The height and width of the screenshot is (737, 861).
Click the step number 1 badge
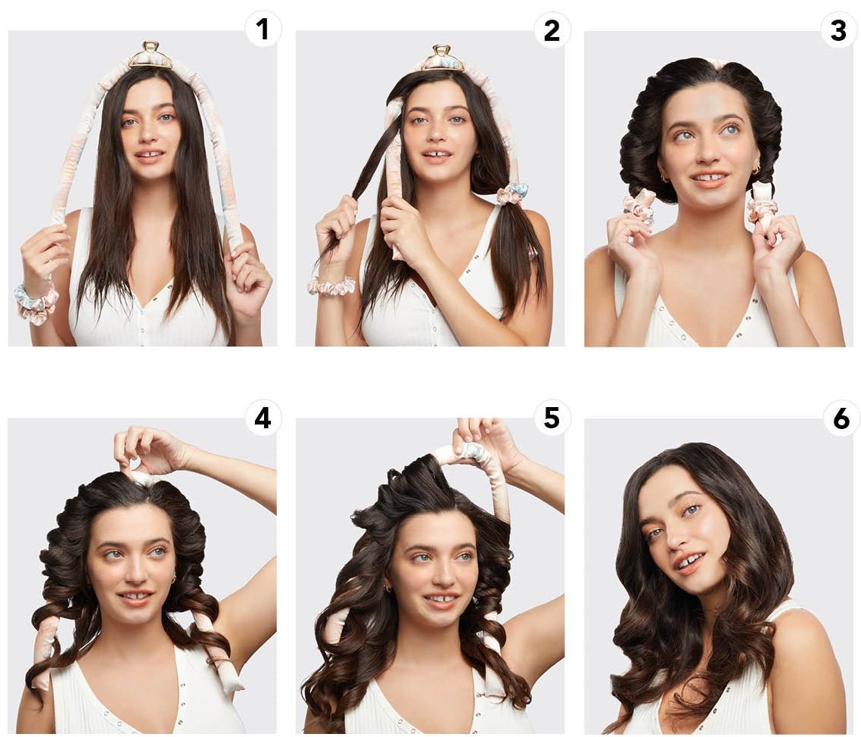click(x=263, y=29)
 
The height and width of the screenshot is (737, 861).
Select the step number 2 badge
click(x=552, y=30)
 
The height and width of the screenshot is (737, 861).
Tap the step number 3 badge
click(x=838, y=30)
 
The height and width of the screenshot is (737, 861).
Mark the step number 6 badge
click(x=841, y=418)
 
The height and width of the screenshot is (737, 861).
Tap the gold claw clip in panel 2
click(x=443, y=59)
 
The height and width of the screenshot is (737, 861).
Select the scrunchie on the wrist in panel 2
click(x=331, y=285)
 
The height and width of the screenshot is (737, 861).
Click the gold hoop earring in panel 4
click(x=173, y=578)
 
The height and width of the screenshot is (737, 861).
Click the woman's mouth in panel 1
click(x=149, y=155)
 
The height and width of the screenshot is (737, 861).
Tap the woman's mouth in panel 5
click(x=441, y=599)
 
